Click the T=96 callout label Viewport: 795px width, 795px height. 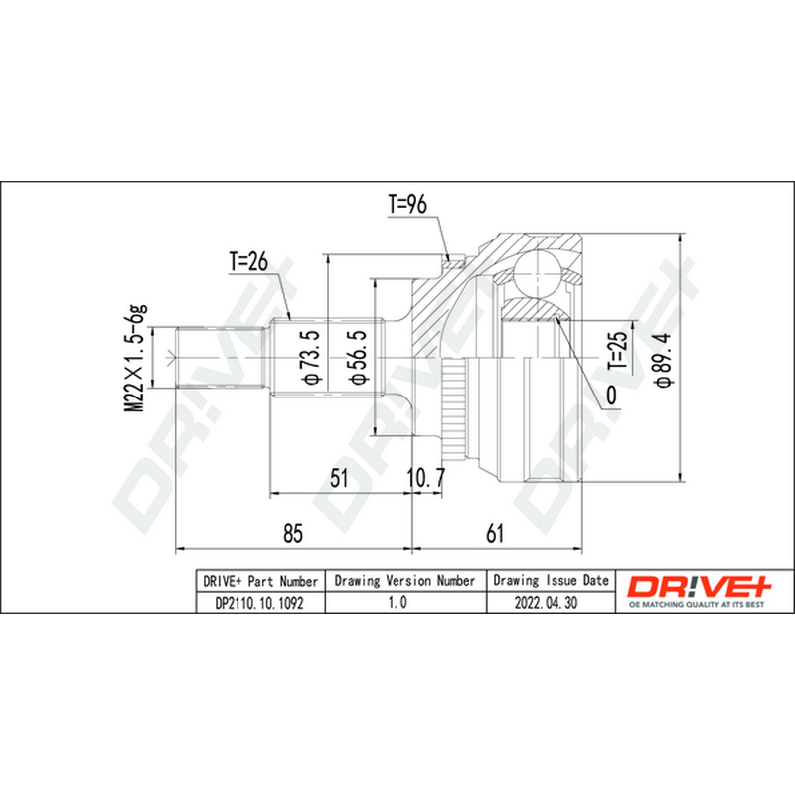tap(407, 204)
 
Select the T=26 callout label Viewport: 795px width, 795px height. tap(248, 262)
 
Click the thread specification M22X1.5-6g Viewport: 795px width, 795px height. tap(135, 359)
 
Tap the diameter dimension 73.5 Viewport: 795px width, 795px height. tap(310, 357)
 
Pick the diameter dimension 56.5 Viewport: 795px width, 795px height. tap(356, 357)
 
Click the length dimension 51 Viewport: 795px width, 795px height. tap(339, 478)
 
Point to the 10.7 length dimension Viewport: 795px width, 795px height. tap(426, 478)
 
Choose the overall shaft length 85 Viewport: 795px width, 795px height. tap(293, 533)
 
